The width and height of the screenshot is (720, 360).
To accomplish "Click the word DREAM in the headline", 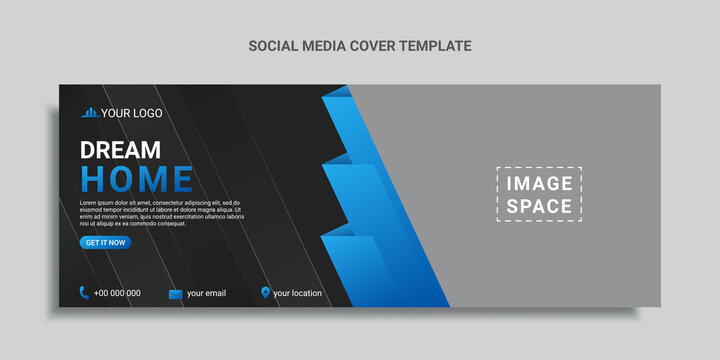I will [120, 151].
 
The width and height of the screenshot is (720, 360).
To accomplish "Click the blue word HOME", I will [136, 179].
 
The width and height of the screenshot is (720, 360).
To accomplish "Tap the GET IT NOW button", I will [105, 243].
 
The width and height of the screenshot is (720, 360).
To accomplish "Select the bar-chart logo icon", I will [90, 113].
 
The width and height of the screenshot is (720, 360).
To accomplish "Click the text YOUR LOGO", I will [130, 113].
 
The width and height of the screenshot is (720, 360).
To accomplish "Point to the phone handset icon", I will [84, 293].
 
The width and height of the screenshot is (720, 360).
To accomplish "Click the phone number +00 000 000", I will [117, 293].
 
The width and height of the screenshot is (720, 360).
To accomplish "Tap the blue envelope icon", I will [175, 294].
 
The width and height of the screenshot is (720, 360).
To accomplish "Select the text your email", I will [206, 293].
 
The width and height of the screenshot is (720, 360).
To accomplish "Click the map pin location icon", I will [265, 293].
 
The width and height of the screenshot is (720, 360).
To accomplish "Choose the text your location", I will [297, 293].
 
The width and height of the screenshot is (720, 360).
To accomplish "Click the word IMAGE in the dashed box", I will [539, 183].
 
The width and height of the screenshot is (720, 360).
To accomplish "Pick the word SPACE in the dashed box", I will [539, 207].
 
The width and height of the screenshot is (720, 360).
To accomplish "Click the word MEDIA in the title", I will [322, 45].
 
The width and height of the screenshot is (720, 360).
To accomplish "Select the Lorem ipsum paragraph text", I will [161, 212].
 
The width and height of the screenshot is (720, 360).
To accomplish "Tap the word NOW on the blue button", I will [117, 243].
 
